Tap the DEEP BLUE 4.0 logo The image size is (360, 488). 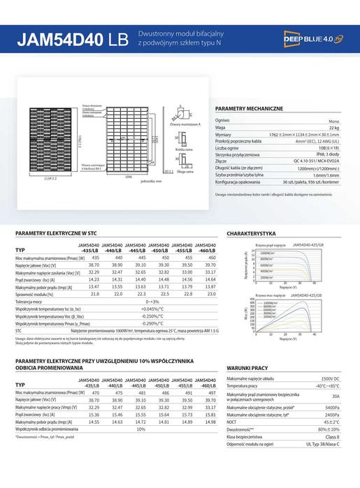[x=310, y=39]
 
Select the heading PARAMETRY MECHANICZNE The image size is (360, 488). [x=249, y=110]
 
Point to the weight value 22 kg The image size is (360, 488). [x=334, y=128]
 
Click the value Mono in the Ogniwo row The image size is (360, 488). [x=334, y=121]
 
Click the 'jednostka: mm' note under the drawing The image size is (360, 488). [x=151, y=181]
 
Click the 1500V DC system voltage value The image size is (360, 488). [x=330, y=378]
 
